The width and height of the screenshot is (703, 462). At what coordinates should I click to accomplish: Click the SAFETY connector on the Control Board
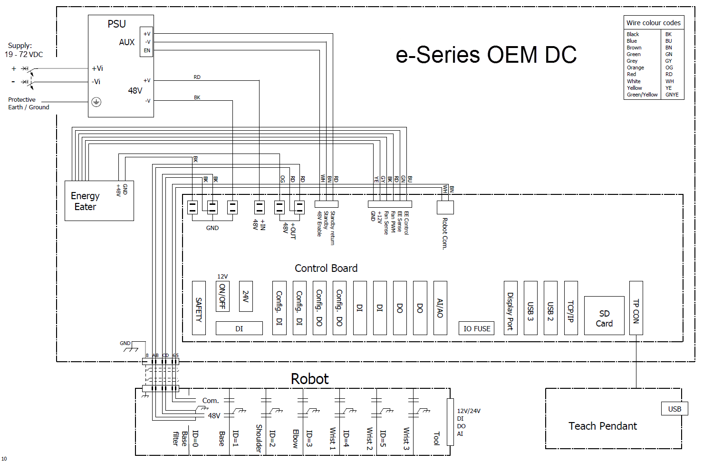click(199, 308)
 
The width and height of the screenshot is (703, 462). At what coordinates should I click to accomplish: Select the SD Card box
click(604, 316)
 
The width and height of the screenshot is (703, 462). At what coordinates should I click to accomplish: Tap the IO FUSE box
click(477, 328)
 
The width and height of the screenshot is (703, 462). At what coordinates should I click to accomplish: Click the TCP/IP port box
click(571, 308)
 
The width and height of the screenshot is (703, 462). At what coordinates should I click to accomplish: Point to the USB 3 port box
click(530, 308)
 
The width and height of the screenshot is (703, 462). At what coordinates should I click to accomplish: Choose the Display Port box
click(510, 308)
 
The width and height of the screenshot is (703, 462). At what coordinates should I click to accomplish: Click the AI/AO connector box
click(440, 308)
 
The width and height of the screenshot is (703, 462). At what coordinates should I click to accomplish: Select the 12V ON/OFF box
click(222, 296)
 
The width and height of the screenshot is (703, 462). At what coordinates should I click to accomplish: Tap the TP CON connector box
click(636, 308)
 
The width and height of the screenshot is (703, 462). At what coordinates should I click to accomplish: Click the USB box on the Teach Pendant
click(674, 409)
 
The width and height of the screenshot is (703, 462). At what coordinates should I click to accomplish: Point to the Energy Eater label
click(85, 201)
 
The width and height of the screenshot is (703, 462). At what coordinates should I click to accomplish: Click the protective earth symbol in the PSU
click(96, 102)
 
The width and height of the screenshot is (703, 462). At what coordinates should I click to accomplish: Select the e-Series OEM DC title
click(486, 55)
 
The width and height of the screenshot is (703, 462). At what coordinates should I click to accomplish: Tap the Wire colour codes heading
click(654, 23)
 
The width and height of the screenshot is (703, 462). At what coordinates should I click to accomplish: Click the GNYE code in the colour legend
click(672, 95)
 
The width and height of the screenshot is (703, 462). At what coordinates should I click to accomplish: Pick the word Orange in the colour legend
click(636, 67)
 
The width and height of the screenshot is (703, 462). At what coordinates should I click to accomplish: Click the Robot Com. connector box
click(445, 207)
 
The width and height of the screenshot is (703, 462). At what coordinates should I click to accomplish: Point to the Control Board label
click(326, 268)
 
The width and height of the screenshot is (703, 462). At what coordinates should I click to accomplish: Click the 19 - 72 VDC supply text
click(24, 55)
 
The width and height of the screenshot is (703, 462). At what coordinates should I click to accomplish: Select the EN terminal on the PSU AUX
click(147, 50)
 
